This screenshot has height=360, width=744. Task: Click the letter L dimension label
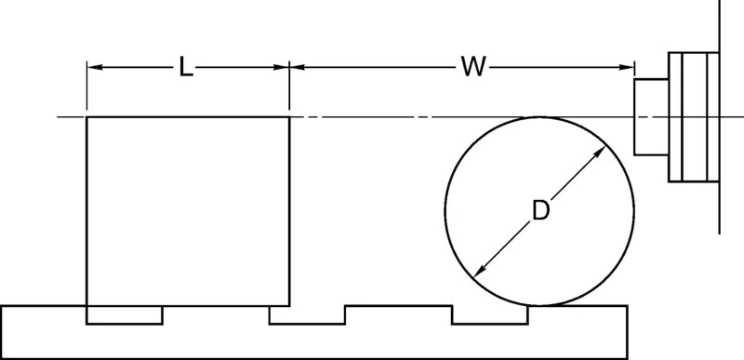tap(186, 67)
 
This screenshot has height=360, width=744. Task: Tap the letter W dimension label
tap(473, 67)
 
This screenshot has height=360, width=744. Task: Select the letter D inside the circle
tap(540, 210)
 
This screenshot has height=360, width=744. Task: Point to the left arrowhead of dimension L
tap(94, 67)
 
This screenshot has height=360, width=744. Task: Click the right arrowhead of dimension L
tap(282, 67)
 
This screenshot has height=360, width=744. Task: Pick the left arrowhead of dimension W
tap(297, 67)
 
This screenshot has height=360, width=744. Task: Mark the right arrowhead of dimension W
tap(627, 67)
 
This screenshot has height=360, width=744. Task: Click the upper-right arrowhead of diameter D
tap(600, 152)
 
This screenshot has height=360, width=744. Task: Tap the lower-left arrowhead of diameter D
tap(479, 271)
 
